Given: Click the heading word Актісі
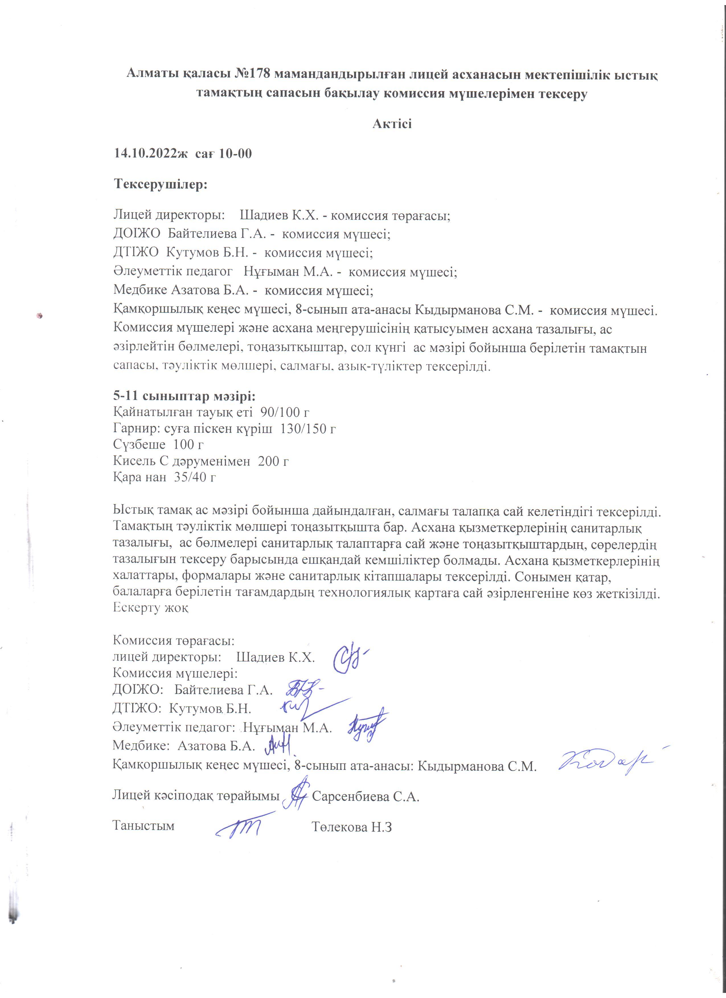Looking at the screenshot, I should pos(392,124).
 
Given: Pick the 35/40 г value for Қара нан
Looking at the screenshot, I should pos(195,477).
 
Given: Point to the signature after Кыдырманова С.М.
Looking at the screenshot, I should pos(605,761).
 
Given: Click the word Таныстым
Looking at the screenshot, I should pos(143,826).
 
